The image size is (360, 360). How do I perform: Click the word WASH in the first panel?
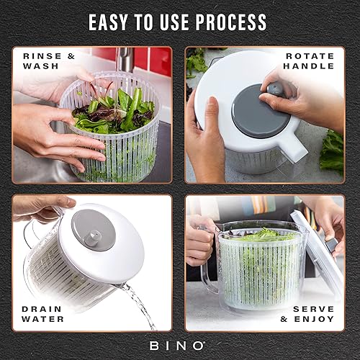pyautogui.click(x=40, y=67)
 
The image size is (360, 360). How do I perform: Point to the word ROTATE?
pyautogui.click(x=311, y=56)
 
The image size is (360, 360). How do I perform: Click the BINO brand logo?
pyautogui.click(x=180, y=346)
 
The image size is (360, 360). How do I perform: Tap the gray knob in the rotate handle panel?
pyautogui.click(x=274, y=89)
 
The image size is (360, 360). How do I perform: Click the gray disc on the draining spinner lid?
pyautogui.click(x=96, y=230)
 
